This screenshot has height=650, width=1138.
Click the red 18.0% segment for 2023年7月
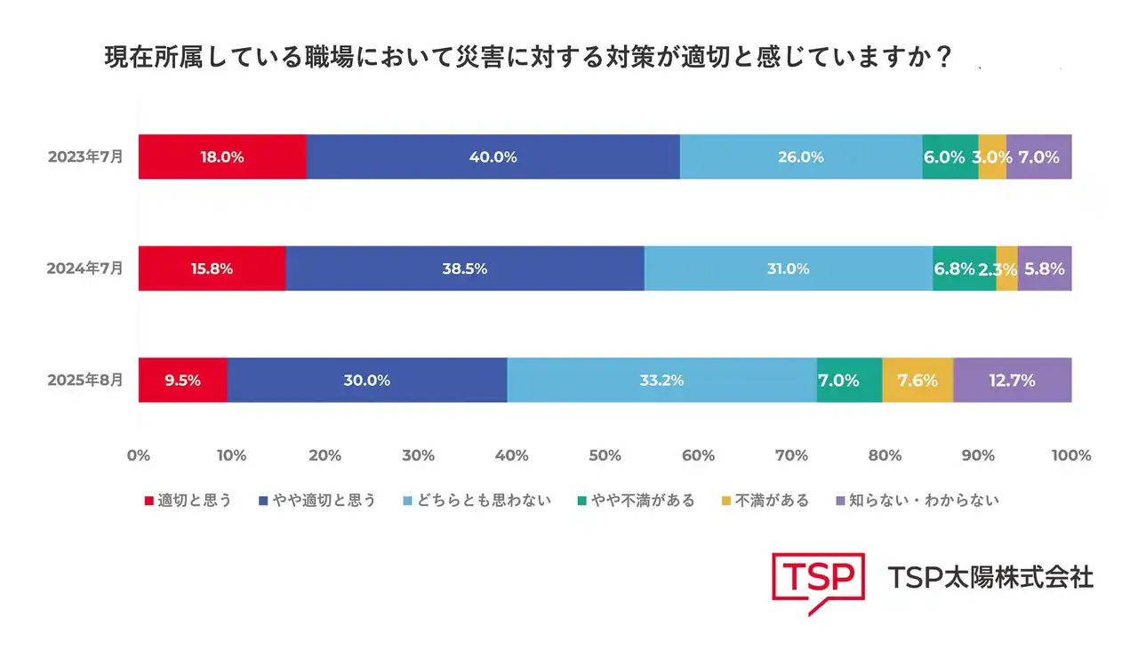pos(222,157)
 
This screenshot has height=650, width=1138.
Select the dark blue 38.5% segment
pos(464,269)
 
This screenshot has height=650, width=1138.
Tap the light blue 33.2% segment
pos(661,381)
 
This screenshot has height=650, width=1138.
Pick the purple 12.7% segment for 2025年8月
pos(1012,381)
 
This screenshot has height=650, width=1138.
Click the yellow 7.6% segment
pos(918,381)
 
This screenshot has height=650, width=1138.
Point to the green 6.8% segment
pos(954,269)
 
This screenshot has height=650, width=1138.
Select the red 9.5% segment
pos(183,381)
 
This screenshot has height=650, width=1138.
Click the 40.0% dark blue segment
pos(493,157)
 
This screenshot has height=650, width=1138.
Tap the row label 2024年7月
pos(85,268)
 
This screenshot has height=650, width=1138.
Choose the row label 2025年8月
pos(85,380)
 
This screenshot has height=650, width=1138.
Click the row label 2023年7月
pos(85,156)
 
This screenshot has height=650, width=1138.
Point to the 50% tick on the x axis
pos(605,456)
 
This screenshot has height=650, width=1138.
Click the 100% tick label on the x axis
pos(1070,456)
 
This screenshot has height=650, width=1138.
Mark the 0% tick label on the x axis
pos(138,456)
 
